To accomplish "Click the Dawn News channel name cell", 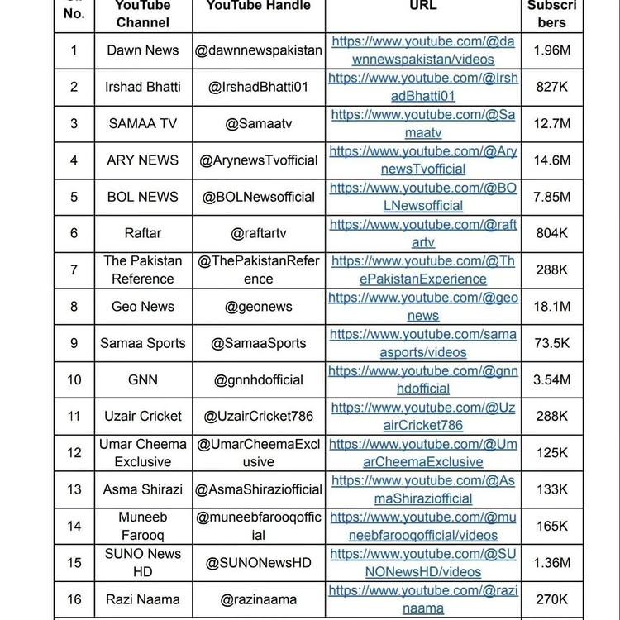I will (143, 50).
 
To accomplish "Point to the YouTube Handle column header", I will (259, 7).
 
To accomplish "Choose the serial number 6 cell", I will (74, 233).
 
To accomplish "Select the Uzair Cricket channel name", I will (143, 416).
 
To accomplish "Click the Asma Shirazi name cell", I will (143, 489).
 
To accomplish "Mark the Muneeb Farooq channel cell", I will (143, 526).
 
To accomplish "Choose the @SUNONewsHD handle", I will (259, 563).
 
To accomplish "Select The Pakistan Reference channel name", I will (143, 269).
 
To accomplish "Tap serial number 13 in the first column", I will (74, 489).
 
